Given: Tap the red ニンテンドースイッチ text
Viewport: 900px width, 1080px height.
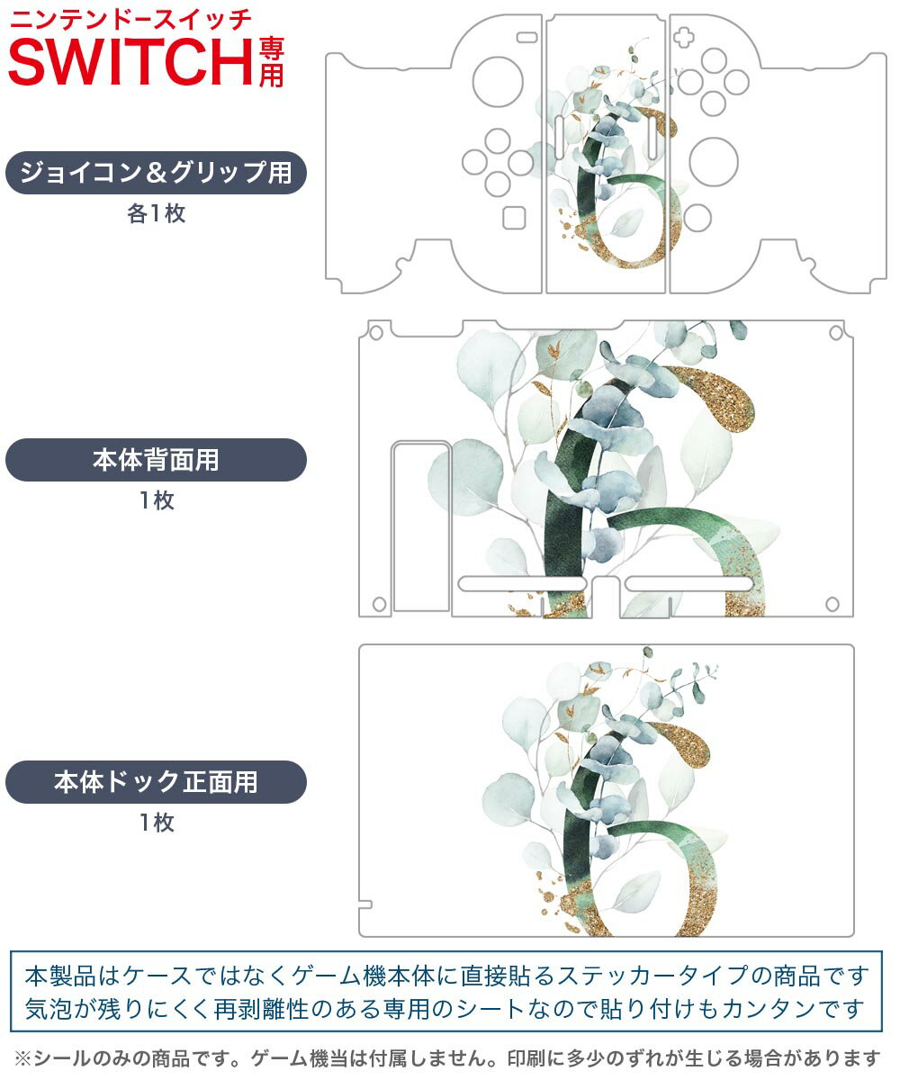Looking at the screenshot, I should point(130,17).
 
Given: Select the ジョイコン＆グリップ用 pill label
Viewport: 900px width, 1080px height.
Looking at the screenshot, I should point(156,173).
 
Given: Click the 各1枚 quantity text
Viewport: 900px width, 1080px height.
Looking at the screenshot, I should point(156,214).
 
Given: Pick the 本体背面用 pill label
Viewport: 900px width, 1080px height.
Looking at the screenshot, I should point(156,460).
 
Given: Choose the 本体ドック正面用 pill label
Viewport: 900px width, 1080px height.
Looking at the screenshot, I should point(156,781).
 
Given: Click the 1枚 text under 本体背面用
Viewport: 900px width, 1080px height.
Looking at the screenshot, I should point(156,500).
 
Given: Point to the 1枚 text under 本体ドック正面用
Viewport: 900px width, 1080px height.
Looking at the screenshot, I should point(156,822).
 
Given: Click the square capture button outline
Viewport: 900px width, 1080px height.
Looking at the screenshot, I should point(514,217).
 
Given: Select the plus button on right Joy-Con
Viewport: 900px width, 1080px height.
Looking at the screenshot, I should point(686,39).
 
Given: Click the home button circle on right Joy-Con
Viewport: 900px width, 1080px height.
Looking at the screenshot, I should point(697,216).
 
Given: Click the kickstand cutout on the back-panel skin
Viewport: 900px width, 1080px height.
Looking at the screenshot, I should point(421,526).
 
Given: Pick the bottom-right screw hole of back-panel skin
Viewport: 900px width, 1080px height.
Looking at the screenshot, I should point(832,603).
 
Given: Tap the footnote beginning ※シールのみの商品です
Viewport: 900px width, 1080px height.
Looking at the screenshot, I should point(447,1057).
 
